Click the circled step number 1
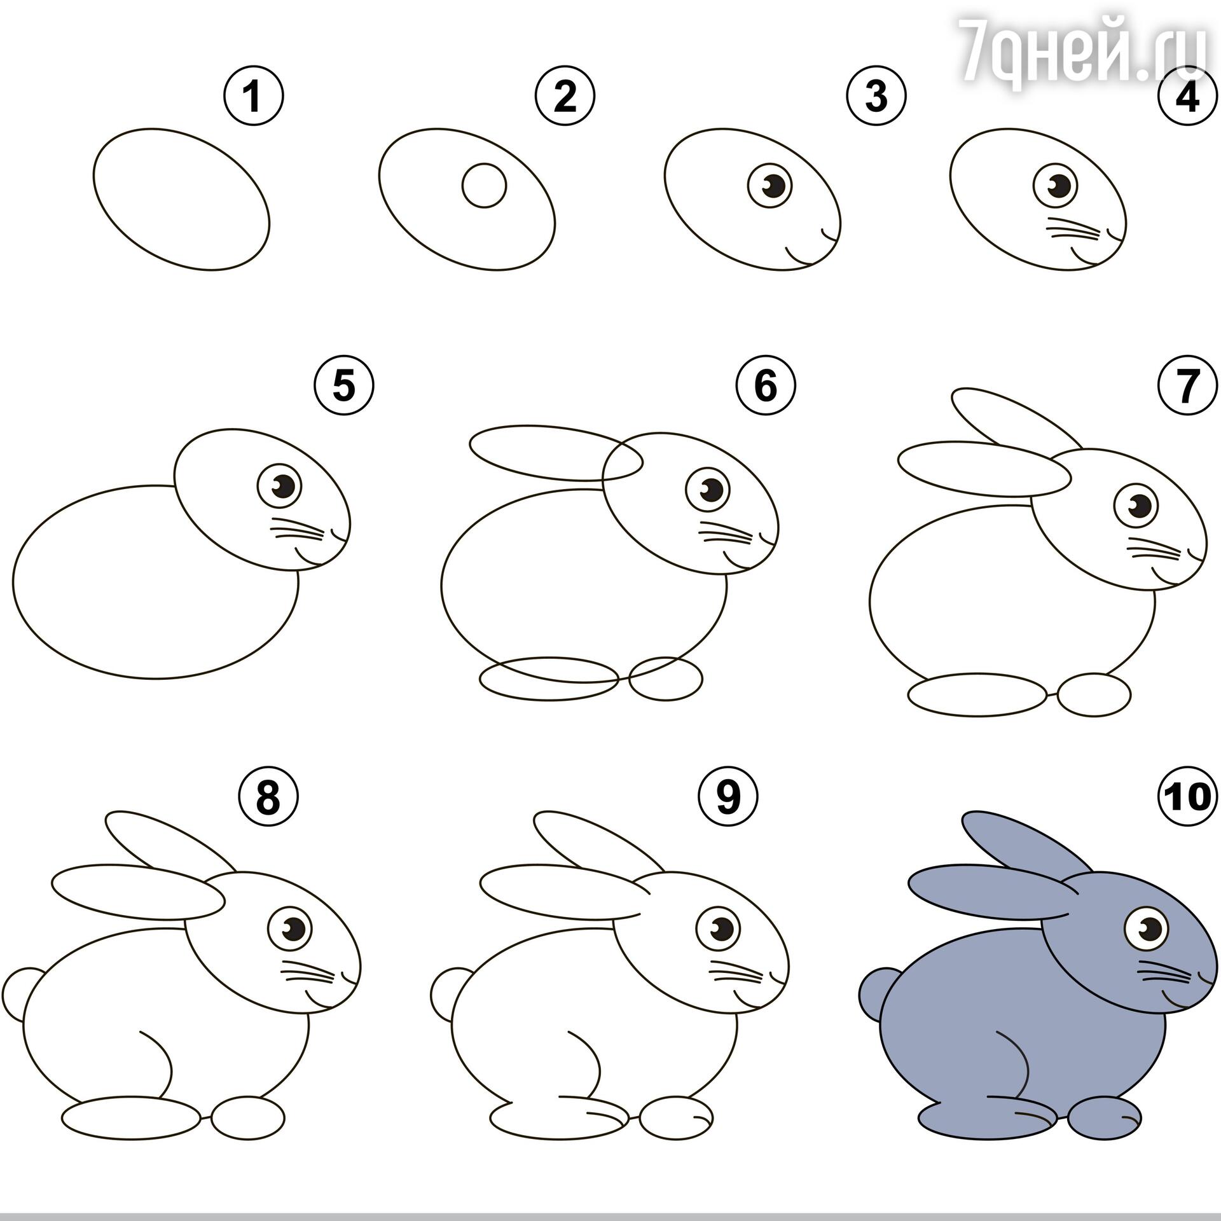[x=253, y=97]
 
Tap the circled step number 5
[x=344, y=385]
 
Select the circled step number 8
[x=268, y=797]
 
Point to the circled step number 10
[x=1187, y=797]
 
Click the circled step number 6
[x=766, y=385]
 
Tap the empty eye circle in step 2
[x=484, y=186]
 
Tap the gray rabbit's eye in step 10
[x=1148, y=931]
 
